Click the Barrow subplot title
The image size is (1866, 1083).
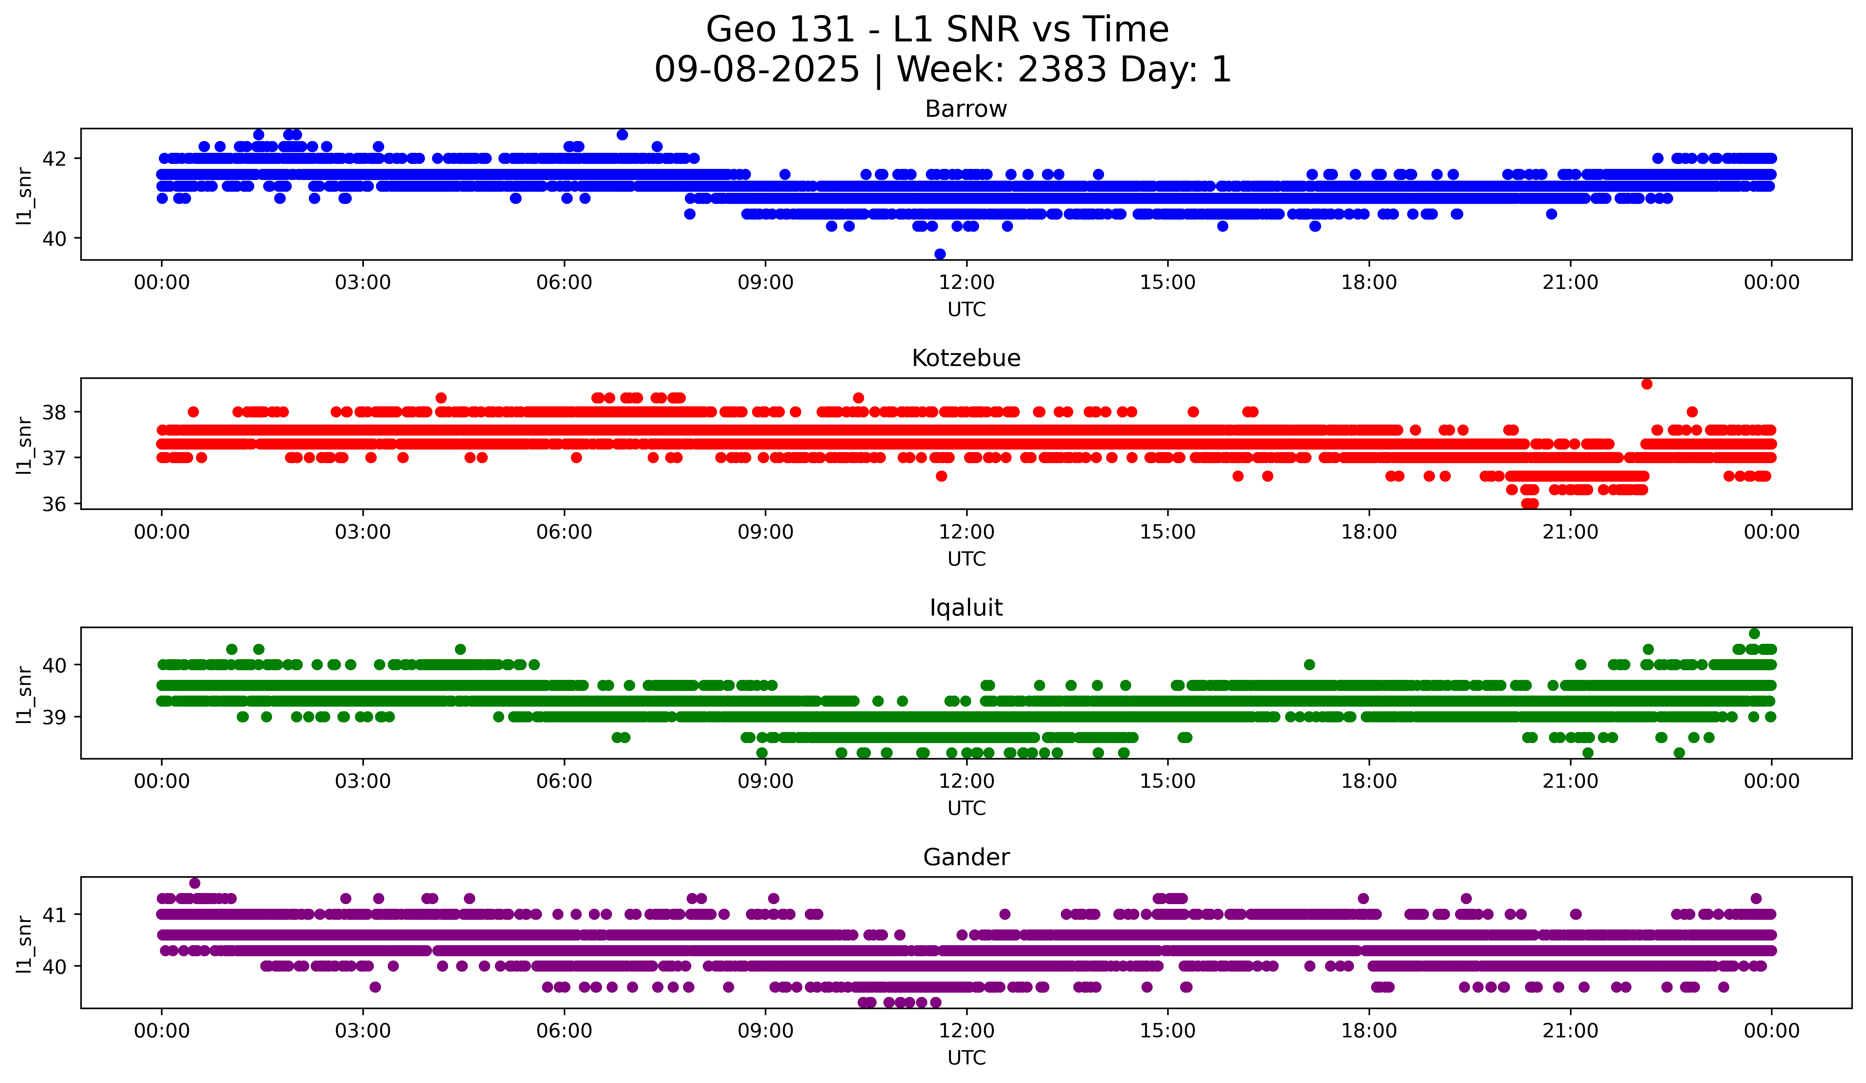coord(965,109)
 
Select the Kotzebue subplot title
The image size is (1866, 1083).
coord(965,358)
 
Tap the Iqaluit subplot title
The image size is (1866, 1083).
coord(965,608)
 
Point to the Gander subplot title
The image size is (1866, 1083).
coord(965,857)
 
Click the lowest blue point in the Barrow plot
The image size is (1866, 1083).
coord(940,254)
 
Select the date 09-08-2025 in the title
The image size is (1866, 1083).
coord(757,70)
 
